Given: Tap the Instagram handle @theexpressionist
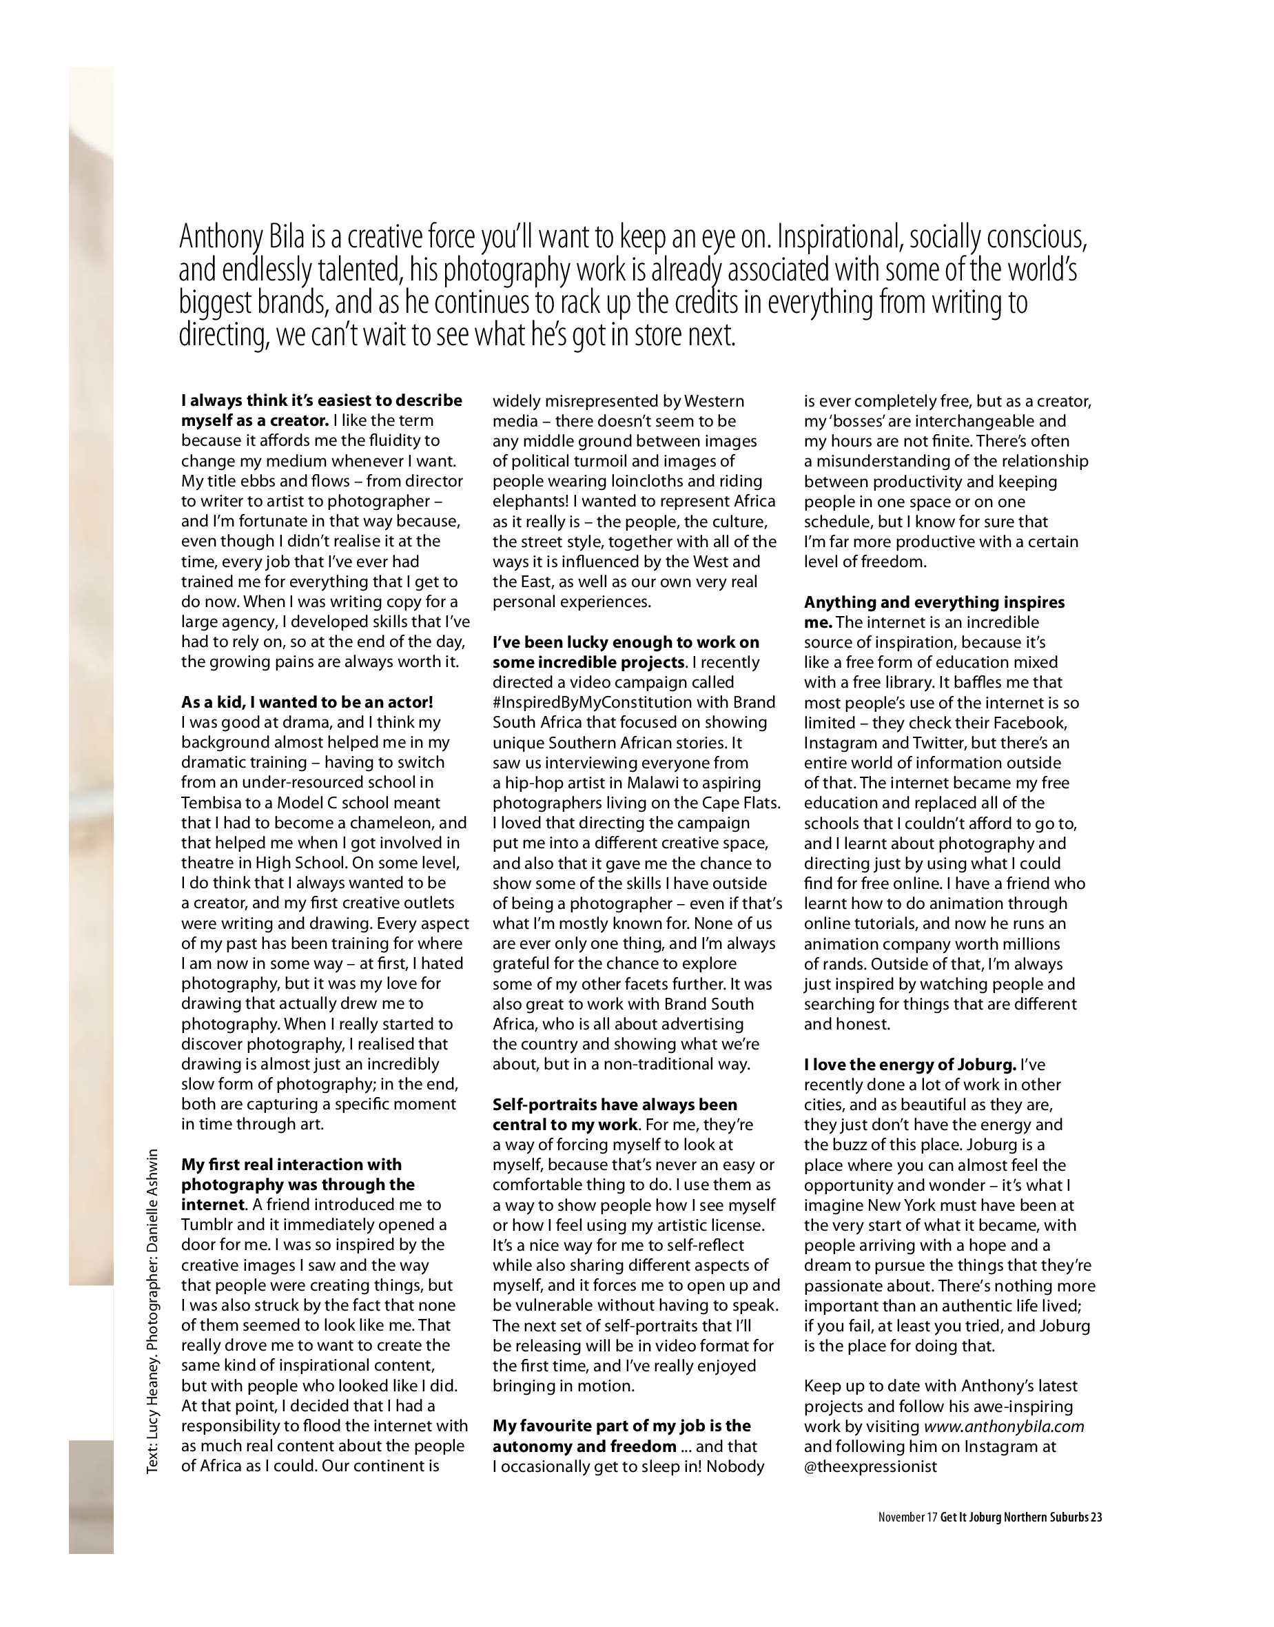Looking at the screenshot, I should point(870,1466).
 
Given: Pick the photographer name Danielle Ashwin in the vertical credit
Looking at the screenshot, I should point(152,1200).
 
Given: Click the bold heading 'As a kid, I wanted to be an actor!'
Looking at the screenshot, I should point(307,702).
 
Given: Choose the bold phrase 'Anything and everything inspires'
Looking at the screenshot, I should point(934,602).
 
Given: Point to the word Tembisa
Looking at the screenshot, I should point(214,803).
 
